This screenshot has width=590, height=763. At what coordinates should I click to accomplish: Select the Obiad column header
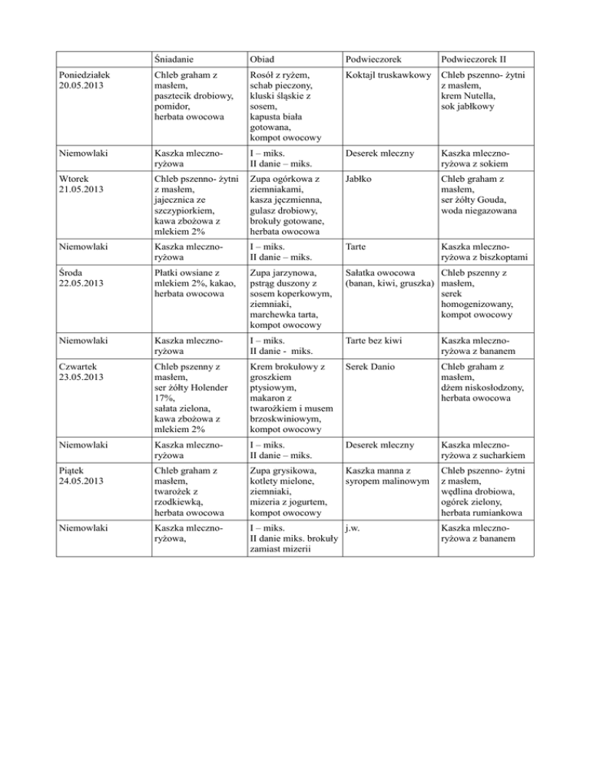click(264, 59)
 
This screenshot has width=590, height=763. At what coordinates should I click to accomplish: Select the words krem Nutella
click(468, 96)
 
